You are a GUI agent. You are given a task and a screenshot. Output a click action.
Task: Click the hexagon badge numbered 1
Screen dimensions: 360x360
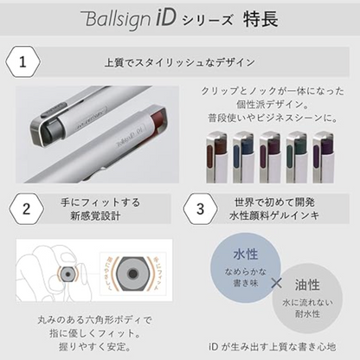23,63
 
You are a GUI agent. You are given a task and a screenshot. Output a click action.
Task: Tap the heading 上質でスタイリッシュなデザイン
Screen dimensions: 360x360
179,63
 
